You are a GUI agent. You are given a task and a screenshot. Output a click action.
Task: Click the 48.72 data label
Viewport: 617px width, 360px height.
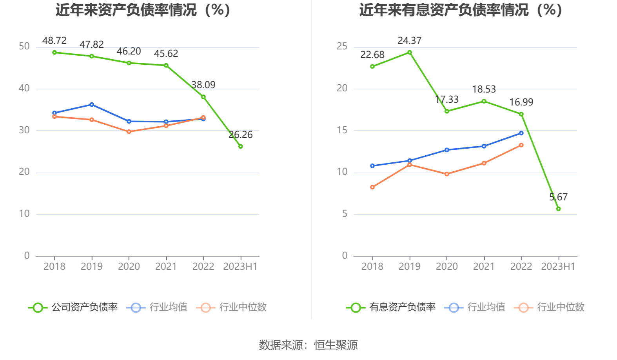click(x=54, y=41)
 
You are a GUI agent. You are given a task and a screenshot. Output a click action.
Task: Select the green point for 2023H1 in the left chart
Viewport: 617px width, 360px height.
click(x=241, y=146)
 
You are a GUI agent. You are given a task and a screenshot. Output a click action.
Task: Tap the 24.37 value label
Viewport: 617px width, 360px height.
click(x=410, y=41)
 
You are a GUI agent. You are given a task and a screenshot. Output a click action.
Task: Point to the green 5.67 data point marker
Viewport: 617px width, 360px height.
click(x=559, y=209)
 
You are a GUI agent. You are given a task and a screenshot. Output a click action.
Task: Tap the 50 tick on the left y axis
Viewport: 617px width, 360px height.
click(x=24, y=47)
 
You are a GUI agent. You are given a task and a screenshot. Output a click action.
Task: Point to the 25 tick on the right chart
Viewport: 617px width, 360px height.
click(x=342, y=47)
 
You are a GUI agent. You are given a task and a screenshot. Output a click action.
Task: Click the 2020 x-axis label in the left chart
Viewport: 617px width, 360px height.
click(x=129, y=267)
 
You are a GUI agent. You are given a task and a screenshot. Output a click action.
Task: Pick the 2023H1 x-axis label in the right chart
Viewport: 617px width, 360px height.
click(x=558, y=267)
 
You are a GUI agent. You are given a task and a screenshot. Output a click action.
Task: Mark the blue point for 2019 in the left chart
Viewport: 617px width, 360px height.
click(x=92, y=105)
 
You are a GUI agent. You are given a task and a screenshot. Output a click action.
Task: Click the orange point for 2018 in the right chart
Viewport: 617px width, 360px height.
click(x=372, y=187)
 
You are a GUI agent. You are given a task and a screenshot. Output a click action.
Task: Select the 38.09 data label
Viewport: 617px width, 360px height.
click(x=203, y=85)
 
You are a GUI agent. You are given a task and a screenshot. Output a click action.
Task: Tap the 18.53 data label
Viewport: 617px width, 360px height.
click(x=484, y=89)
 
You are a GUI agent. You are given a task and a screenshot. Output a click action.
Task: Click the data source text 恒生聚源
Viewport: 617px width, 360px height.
click(x=336, y=345)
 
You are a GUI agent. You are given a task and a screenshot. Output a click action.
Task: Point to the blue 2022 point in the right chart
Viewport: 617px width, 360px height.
click(x=521, y=133)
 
